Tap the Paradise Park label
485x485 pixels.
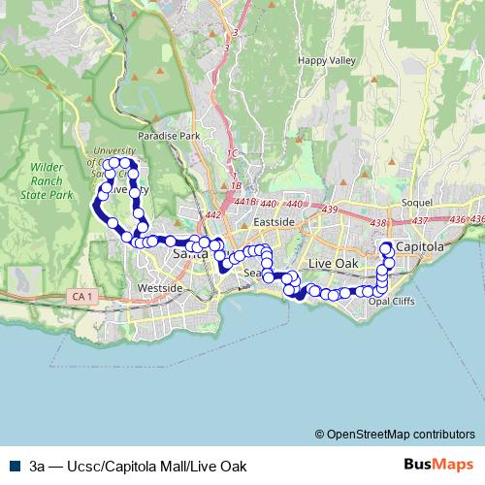tap(169, 137)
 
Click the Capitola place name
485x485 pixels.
tap(421, 247)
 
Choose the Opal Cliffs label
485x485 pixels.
tap(393, 301)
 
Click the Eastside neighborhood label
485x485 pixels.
tap(273, 222)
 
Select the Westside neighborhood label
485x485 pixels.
tap(160, 288)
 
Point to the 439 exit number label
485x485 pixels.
tap(330, 210)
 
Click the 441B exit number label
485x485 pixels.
tap(245, 202)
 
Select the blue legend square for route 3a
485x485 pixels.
tap(11, 466)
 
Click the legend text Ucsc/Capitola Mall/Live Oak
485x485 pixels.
tap(136, 466)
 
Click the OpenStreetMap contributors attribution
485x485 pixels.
tap(395, 435)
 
